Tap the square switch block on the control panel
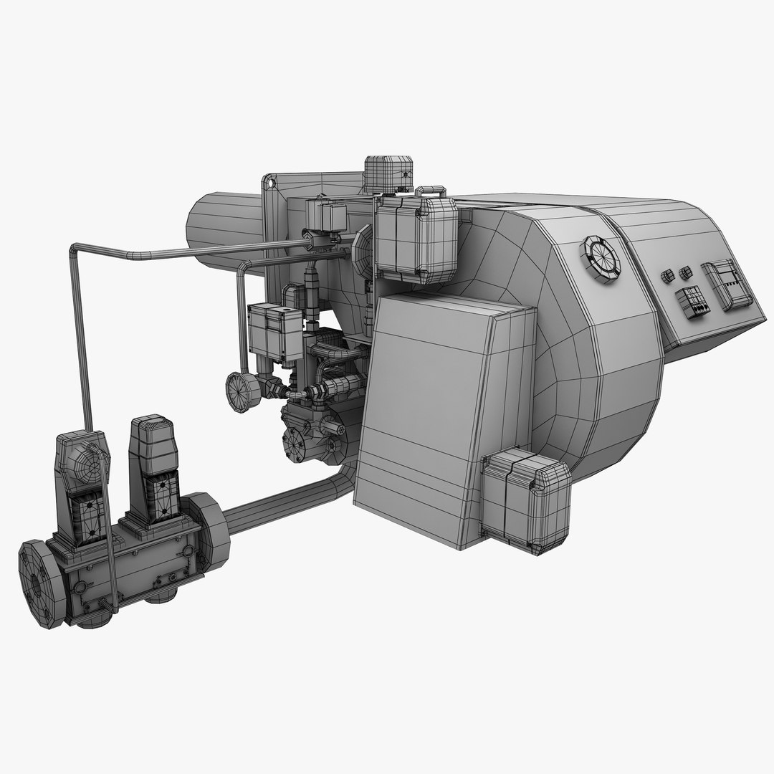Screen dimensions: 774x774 click(x=693, y=302)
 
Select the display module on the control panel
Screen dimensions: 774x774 click(x=727, y=284)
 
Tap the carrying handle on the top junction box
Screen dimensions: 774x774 click(x=429, y=191)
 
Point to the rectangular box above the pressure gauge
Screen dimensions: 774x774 click(x=274, y=330)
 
